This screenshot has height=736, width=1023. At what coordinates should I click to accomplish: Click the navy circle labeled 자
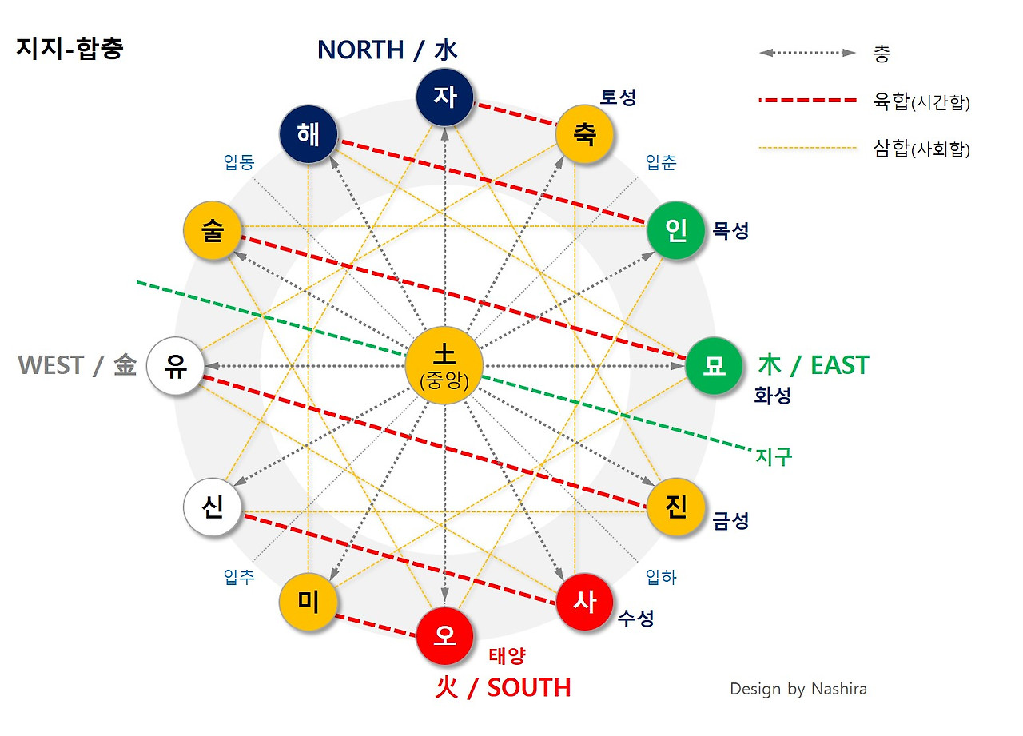(x=445, y=96)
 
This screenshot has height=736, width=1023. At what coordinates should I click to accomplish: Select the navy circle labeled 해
(x=308, y=134)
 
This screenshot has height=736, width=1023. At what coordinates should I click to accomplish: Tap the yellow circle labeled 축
(x=584, y=134)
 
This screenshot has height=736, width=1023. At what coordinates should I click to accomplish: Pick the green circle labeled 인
(x=676, y=231)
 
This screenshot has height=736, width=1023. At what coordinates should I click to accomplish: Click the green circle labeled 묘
(x=714, y=366)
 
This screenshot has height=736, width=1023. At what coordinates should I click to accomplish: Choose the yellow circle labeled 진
(x=675, y=507)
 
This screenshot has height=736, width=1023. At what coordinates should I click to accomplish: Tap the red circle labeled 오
(x=445, y=636)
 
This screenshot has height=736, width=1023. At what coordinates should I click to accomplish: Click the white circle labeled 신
(x=213, y=507)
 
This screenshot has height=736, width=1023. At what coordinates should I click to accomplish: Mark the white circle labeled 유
(x=176, y=366)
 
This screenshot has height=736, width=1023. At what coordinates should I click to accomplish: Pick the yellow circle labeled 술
(x=213, y=231)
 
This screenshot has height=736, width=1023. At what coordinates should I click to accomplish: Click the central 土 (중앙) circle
(x=444, y=364)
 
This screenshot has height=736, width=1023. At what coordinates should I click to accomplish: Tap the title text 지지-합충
(x=70, y=49)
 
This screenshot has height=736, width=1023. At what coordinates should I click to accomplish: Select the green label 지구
(x=774, y=456)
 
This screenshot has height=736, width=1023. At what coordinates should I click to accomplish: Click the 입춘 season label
(x=661, y=163)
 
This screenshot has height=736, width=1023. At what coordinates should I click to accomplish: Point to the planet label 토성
(x=619, y=97)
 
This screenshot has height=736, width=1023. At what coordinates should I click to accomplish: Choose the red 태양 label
(x=507, y=656)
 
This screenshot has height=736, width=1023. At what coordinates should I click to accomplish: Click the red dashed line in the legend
(x=807, y=101)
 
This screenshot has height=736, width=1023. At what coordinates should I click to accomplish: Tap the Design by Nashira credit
(x=798, y=689)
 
